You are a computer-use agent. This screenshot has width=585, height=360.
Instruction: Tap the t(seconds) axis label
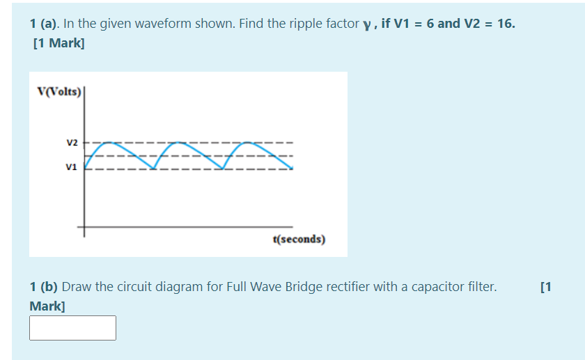(x=299, y=239)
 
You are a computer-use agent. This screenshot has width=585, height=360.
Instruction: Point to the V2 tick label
(x=72, y=143)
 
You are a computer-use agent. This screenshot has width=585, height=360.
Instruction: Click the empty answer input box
(x=72, y=328)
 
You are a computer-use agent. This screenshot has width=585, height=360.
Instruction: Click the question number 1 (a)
(x=44, y=24)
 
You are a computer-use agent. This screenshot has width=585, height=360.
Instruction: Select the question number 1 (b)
(x=44, y=286)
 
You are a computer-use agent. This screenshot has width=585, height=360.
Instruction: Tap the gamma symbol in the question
(x=366, y=24)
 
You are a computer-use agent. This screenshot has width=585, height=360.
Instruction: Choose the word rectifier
(x=357, y=286)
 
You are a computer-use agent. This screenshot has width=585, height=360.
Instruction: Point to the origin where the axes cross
(x=86, y=227)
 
